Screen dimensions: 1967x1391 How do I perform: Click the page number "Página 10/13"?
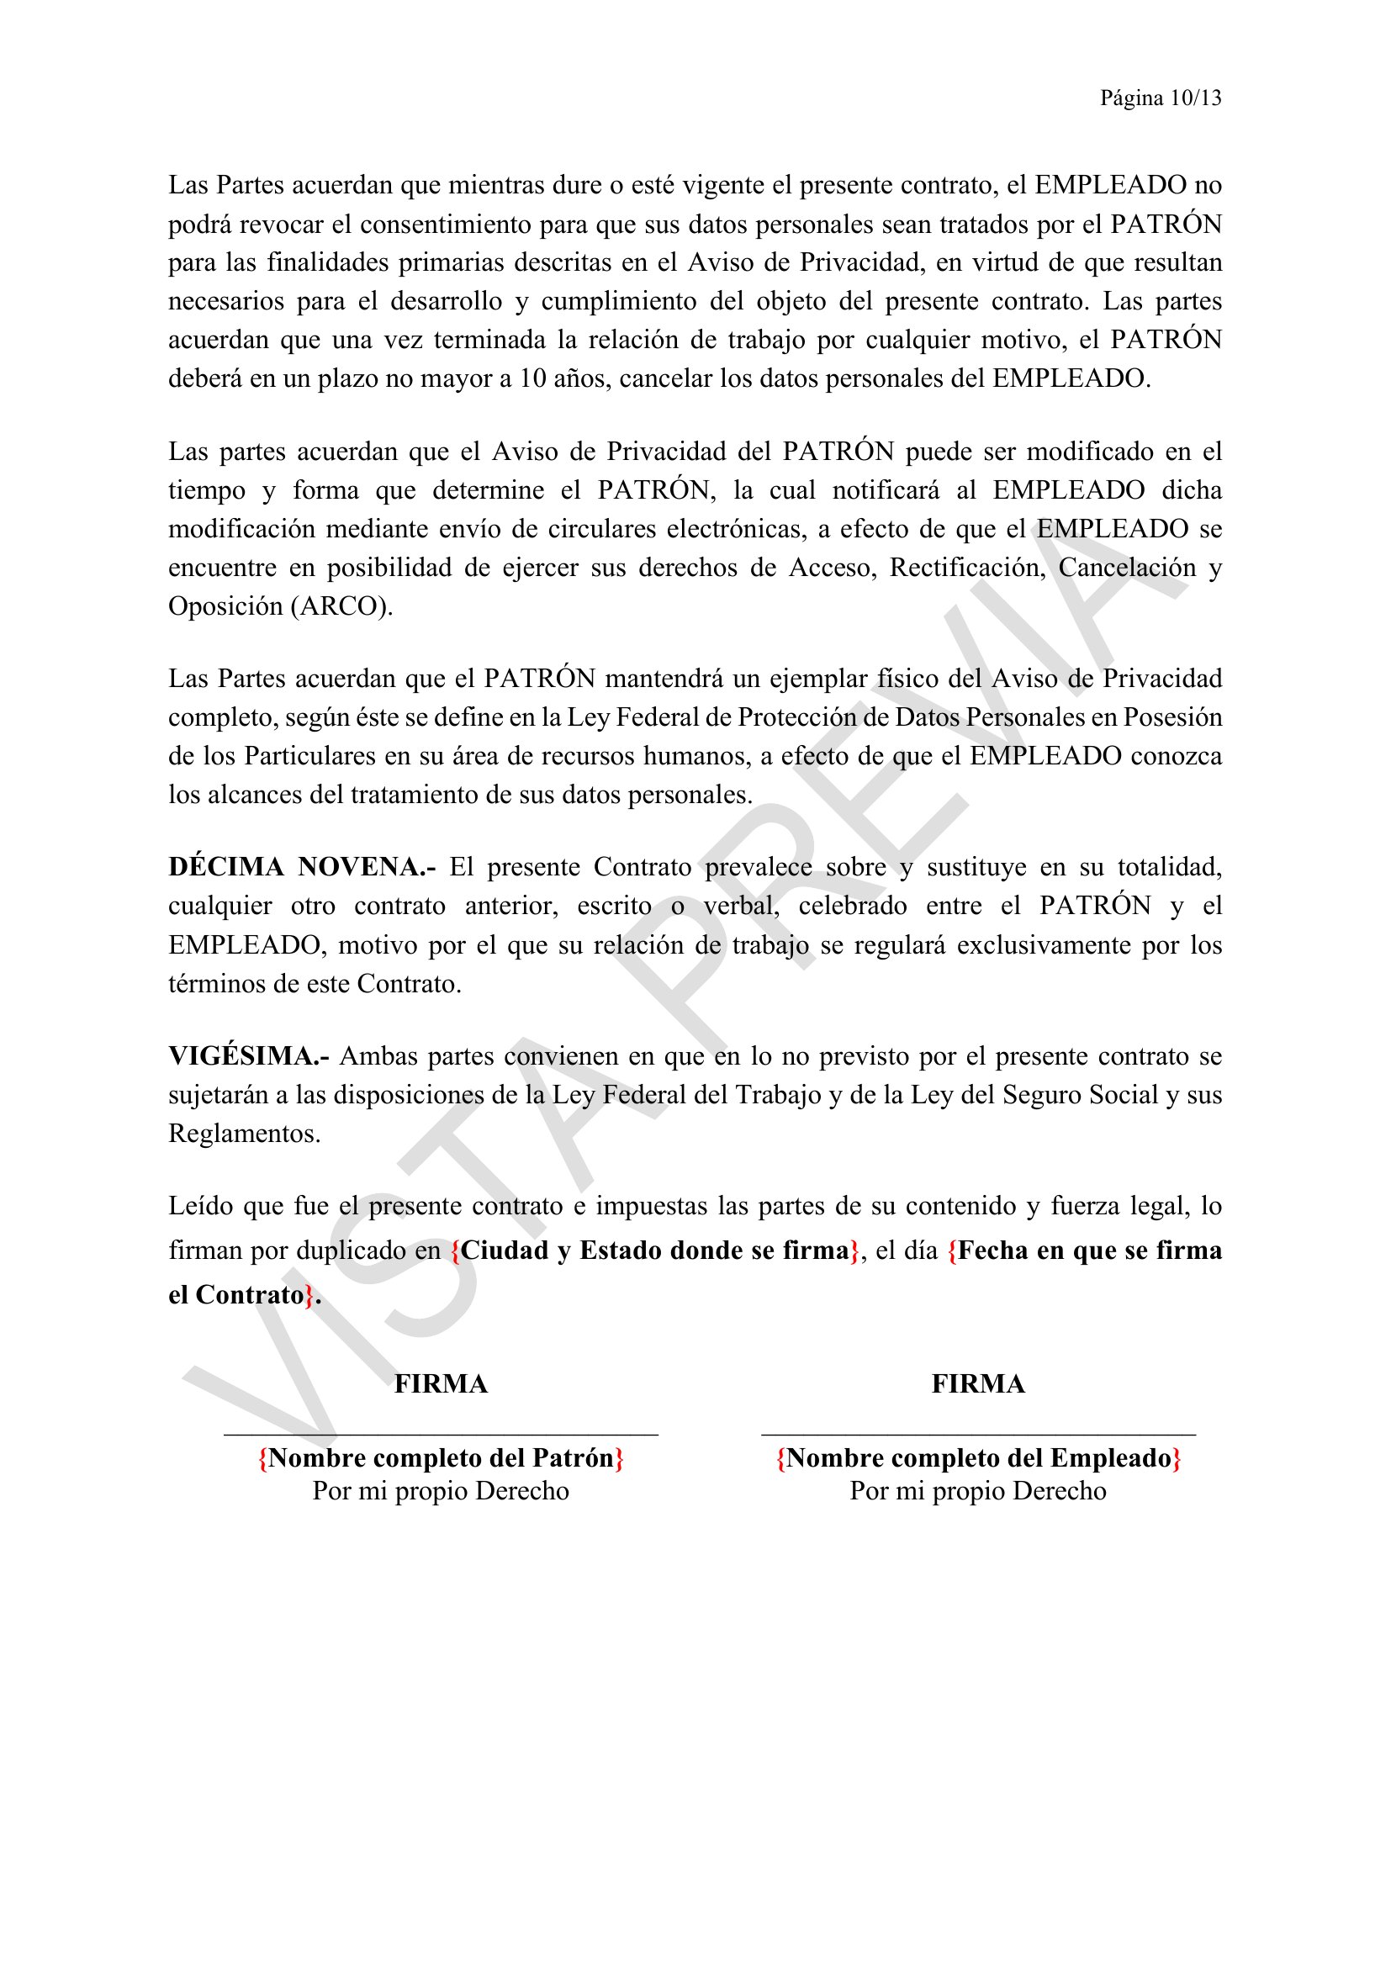[x=1161, y=98]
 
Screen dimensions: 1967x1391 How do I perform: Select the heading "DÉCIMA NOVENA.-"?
[x=302, y=867]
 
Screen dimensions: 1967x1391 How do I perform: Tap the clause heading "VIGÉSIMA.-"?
[x=248, y=1055]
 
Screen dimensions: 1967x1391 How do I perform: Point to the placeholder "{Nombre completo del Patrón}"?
[x=442, y=1458]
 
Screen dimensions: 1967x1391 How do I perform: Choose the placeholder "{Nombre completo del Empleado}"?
[x=978, y=1458]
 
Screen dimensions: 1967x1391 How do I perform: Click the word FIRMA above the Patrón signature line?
[x=442, y=1384]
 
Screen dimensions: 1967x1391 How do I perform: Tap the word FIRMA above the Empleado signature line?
[x=978, y=1384]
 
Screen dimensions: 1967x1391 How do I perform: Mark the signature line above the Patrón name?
[x=442, y=1434]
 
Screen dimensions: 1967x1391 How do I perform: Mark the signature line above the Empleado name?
[x=978, y=1434]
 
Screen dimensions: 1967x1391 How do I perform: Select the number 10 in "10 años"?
[x=532, y=378]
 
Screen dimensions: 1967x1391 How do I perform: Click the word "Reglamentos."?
[x=244, y=1134]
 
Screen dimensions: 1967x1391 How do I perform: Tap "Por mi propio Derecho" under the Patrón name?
[x=442, y=1492]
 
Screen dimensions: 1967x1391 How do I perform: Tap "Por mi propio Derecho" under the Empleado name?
[x=978, y=1492]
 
